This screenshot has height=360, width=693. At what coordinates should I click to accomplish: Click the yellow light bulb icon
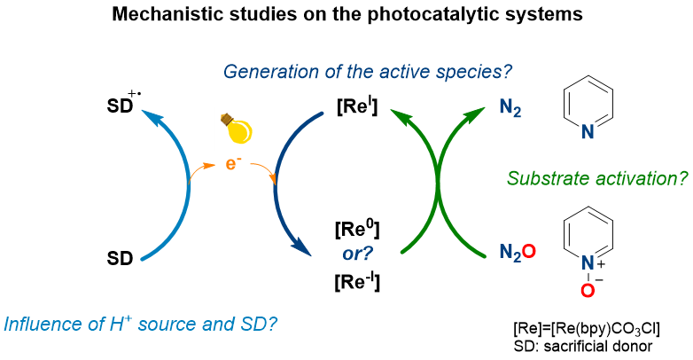point(237,129)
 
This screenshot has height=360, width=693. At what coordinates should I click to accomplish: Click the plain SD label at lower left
point(120,258)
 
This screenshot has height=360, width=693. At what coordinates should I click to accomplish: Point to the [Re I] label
point(357,106)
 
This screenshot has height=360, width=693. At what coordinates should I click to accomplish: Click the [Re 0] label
point(357,230)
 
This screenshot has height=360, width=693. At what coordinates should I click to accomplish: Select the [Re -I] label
point(357,281)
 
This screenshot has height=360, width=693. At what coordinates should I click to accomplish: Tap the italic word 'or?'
point(357,254)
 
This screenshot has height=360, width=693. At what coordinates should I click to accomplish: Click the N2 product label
point(510,108)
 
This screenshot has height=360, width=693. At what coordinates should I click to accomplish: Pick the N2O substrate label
point(518,253)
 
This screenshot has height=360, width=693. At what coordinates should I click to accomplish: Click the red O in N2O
point(529,251)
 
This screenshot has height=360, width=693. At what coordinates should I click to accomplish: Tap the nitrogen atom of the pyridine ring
point(588,132)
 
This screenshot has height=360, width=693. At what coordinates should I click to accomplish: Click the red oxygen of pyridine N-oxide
point(588,291)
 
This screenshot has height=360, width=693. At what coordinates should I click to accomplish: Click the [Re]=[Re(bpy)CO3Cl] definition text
point(587,329)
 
